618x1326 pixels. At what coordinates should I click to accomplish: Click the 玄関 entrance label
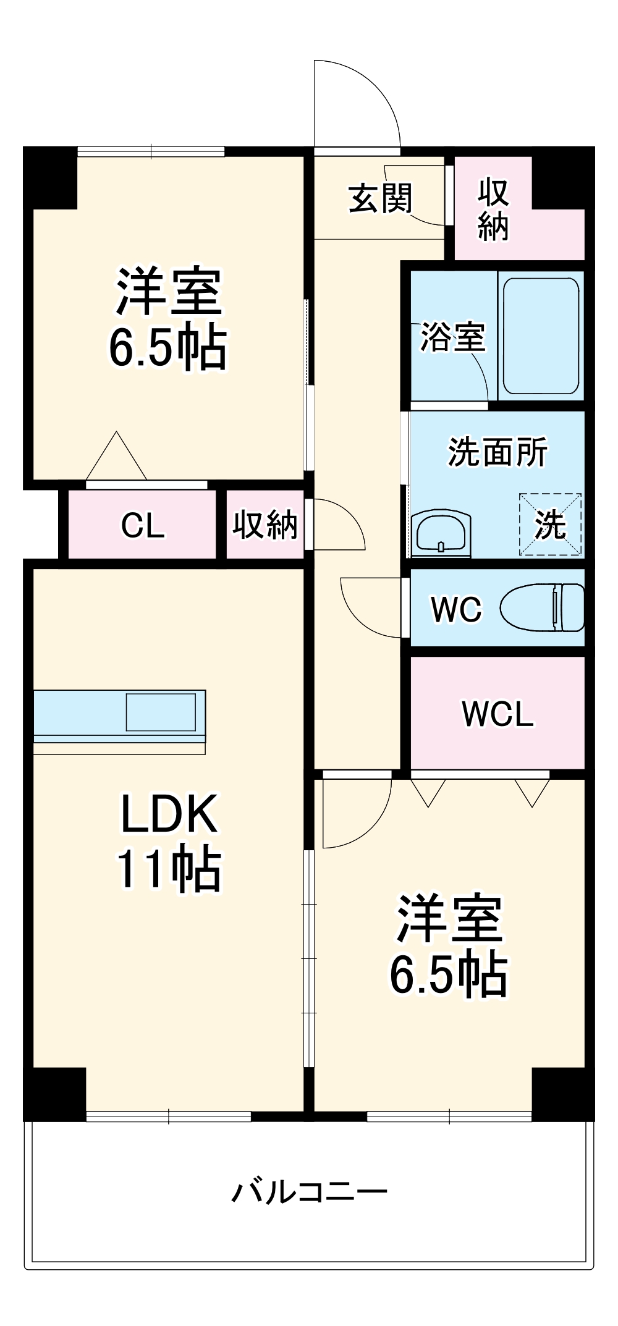click(x=380, y=198)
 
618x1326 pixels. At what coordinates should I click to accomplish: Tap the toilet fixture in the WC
click(x=542, y=608)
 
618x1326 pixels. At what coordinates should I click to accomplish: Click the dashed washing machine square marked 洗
click(x=550, y=524)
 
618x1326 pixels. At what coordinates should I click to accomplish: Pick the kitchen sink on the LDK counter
click(x=161, y=712)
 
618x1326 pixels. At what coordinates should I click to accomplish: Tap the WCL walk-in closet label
click(x=497, y=714)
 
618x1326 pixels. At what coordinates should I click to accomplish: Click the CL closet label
click(x=143, y=525)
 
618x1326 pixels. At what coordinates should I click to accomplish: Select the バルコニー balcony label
click(x=309, y=1191)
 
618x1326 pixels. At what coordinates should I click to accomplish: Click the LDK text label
click(x=169, y=814)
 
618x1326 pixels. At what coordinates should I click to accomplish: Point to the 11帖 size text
click(x=169, y=868)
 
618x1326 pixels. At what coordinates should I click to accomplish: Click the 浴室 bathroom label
click(x=453, y=337)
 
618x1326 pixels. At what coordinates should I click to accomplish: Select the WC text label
click(x=456, y=609)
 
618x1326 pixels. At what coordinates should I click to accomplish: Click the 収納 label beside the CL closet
click(x=265, y=525)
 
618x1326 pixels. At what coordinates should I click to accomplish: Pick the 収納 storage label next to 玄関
click(x=493, y=209)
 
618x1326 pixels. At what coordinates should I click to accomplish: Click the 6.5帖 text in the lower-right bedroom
click(x=448, y=974)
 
